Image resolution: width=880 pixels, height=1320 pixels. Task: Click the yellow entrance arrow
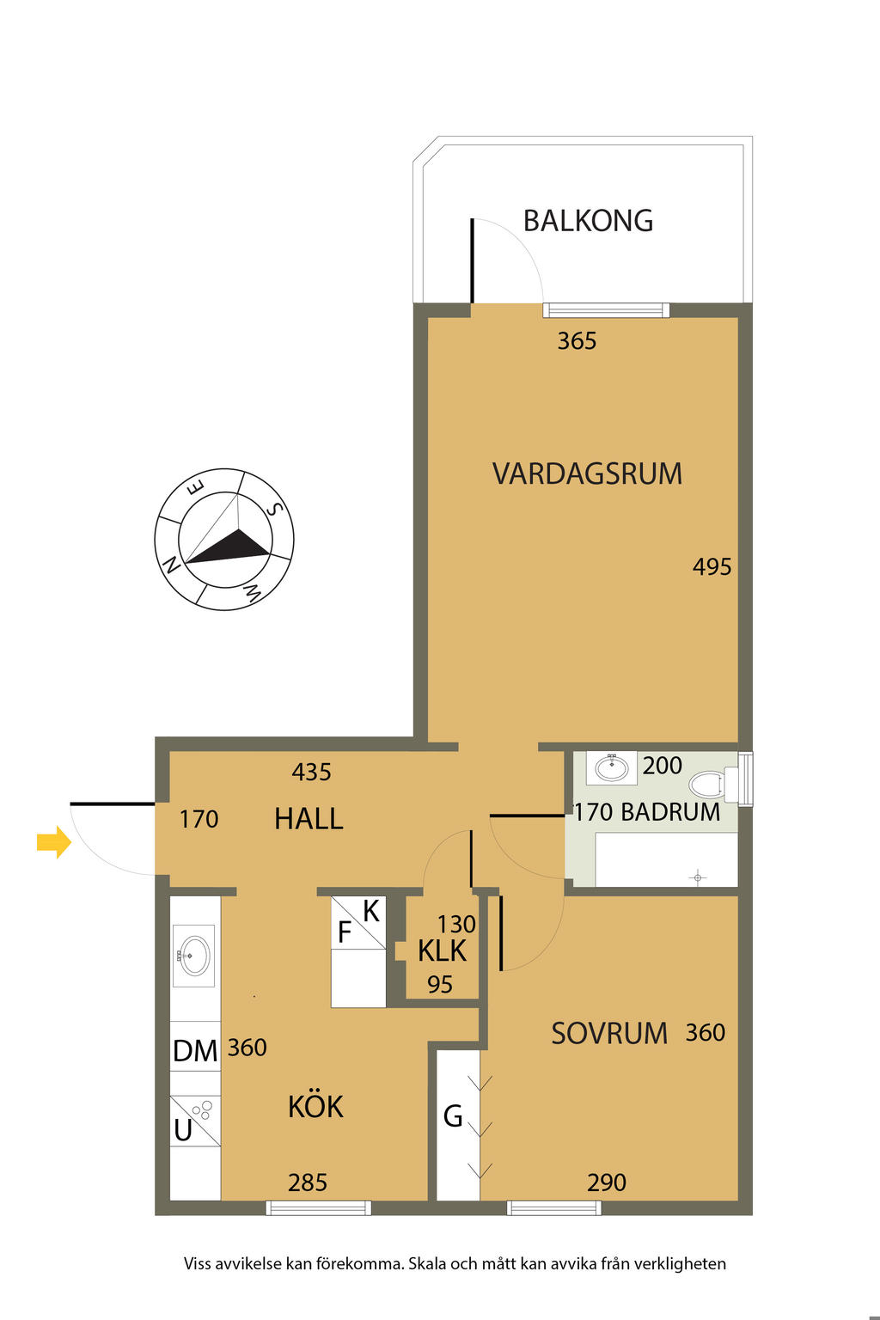[54, 842]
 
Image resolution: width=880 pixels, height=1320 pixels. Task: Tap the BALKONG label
[588, 221]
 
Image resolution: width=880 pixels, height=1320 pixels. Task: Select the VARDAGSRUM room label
[587, 474]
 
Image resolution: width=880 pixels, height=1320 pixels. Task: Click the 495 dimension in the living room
[712, 567]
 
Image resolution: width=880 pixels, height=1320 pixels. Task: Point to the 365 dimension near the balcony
[577, 341]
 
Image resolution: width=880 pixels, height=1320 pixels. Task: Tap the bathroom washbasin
[612, 767]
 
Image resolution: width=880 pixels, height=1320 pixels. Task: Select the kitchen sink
[194, 955]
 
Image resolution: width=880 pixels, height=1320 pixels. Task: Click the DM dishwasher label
[195, 1051]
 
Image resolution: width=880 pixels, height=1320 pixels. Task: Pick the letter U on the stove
[183, 1130]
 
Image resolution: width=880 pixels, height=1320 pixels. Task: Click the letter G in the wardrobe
[453, 1116]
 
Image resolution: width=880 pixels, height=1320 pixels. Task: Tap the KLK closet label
[442, 951]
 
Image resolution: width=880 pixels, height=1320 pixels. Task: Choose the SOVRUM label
[609, 1034]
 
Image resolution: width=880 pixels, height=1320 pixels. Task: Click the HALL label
[309, 819]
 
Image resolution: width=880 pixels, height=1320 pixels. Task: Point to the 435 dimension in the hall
[312, 772]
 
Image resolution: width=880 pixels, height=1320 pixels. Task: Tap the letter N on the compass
[171, 565]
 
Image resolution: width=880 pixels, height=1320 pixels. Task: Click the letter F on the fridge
[345, 932]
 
